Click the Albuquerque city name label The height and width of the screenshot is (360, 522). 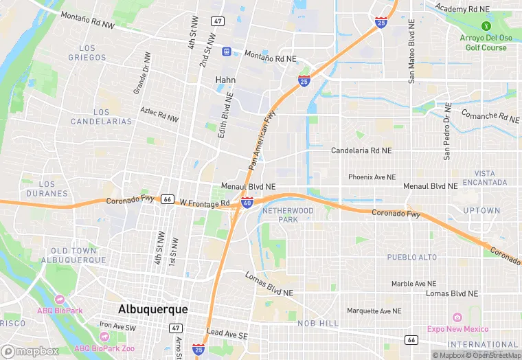pyautogui.click(x=152, y=309)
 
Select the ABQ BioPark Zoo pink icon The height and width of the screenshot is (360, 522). pyautogui.click(x=104, y=337)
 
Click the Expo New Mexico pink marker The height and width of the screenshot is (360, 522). pyautogui.click(x=457, y=317)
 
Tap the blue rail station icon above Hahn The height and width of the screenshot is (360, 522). pyautogui.click(x=225, y=52)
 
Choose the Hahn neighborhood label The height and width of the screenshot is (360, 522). pyautogui.click(x=225, y=80)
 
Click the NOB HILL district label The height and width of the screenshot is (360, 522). pyautogui.click(x=318, y=323)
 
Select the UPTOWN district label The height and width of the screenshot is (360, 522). pyautogui.click(x=481, y=210)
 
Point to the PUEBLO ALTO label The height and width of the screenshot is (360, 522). pyautogui.click(x=411, y=257)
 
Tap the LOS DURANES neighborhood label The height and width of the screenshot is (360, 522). pyautogui.click(x=47, y=189)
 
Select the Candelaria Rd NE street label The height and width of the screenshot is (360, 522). pyautogui.click(x=361, y=150)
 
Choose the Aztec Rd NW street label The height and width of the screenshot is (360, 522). pyautogui.click(x=159, y=115)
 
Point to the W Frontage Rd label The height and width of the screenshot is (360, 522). pyautogui.click(x=204, y=203)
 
